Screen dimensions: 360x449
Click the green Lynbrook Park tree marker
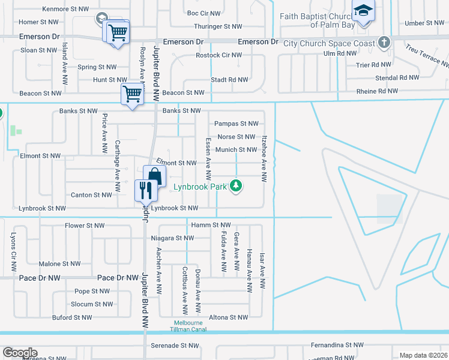[237, 186]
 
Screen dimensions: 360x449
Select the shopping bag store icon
[154, 176]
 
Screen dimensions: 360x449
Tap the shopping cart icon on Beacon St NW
[132, 95]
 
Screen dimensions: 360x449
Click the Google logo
[19, 353]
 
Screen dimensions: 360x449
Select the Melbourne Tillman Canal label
[188, 326]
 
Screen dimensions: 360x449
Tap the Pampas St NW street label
[236, 124]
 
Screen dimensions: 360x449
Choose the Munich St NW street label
[237, 150]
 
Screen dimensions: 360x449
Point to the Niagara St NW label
[172, 238]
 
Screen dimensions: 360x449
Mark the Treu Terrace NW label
[427, 56]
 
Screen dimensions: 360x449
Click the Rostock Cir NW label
[218, 55]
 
